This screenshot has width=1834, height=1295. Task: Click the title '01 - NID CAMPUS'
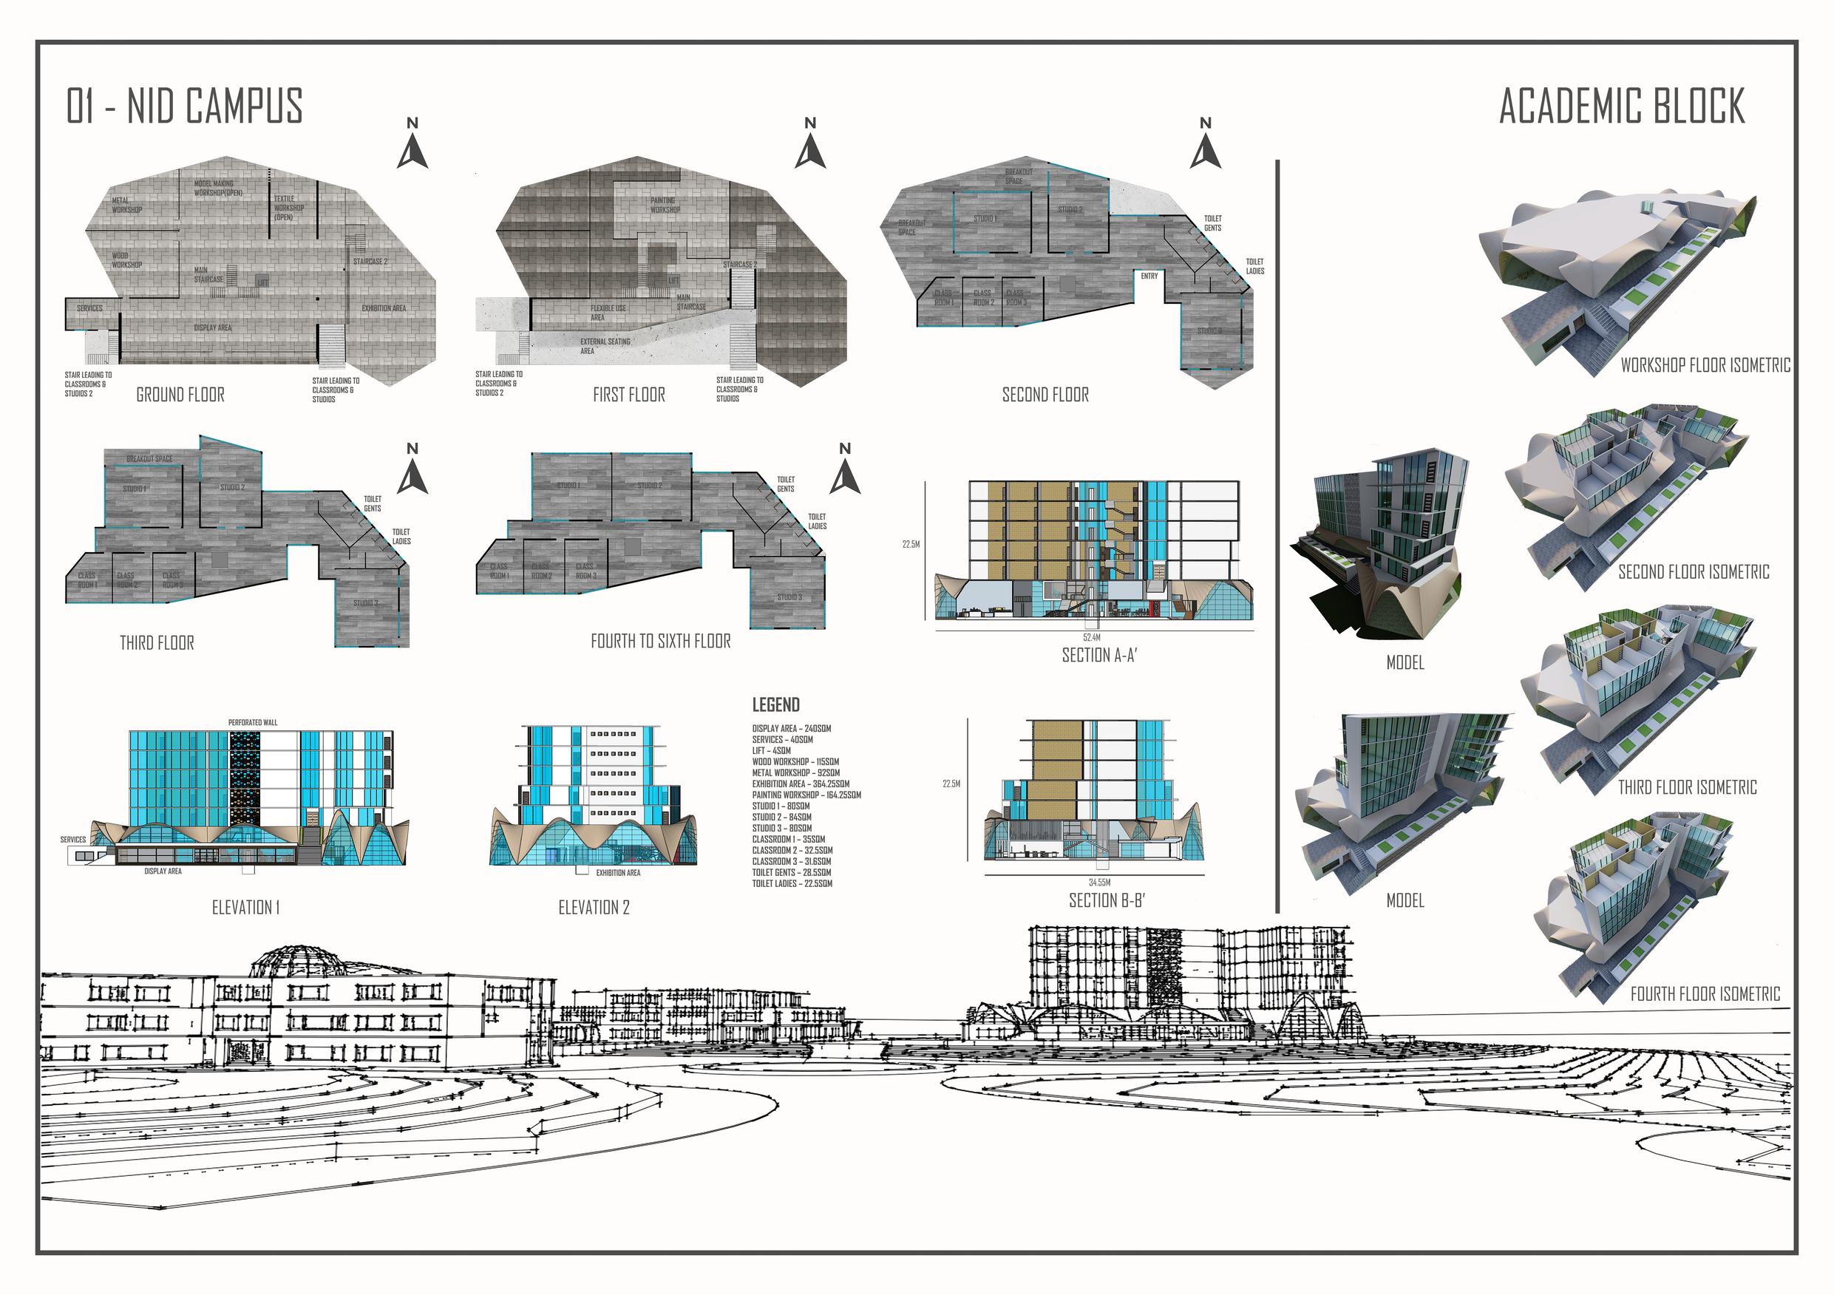coord(185,106)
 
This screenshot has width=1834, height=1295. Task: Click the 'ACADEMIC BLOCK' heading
coord(1622,106)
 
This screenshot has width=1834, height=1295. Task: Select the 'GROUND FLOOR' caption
coord(180,395)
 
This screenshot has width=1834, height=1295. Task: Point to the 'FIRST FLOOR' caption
coord(628,395)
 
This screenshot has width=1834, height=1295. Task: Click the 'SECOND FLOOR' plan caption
coord(1045,395)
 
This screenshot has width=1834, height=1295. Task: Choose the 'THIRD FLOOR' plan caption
coord(157,643)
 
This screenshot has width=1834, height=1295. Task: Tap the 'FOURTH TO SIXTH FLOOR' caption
coord(661,642)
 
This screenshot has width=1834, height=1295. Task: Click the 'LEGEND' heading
coord(775,704)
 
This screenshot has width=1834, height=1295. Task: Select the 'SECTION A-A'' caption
coord(1099,655)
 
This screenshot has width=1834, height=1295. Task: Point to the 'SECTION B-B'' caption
coord(1107,900)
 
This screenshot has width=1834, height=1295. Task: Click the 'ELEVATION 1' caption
coord(245,908)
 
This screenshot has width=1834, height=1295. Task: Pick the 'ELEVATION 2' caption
coord(594,908)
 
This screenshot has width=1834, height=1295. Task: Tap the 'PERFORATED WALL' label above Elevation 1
coord(254,722)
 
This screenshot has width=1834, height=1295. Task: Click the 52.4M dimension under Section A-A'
coord(1092,637)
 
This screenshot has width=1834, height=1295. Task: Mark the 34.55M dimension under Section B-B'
coord(1100,883)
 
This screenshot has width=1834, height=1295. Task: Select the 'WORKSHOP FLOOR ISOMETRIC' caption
coord(1705,366)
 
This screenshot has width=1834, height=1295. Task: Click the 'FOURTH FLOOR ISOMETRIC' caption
coord(1705,995)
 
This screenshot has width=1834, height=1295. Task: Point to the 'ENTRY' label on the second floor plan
coord(1149,276)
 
